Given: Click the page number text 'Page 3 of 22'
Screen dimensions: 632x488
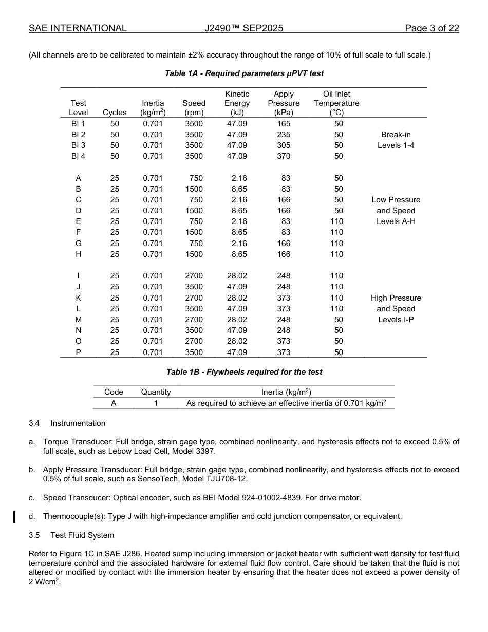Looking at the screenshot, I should point(431,28).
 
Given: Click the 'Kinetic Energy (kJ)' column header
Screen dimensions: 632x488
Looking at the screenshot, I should point(237,103).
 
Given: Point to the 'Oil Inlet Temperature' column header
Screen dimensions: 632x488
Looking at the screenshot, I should point(336,103).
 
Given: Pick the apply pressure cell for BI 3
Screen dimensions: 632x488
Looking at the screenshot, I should point(284,145).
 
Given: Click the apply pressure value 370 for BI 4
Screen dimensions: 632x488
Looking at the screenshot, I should point(284,156).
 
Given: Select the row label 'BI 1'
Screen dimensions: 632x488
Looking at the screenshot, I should point(78,124).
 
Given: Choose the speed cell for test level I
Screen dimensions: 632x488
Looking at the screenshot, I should point(194,276).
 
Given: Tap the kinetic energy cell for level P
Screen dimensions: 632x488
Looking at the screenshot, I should point(237,352).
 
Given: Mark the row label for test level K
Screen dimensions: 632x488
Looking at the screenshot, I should point(78,298).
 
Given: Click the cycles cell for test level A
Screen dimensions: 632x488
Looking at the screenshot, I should point(115,178).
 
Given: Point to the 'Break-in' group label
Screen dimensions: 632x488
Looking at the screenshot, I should point(396,135).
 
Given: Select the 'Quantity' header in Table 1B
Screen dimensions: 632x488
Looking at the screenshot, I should point(156,392).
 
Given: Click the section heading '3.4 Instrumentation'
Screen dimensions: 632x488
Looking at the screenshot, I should point(67,423).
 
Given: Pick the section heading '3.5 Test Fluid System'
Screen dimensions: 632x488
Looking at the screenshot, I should point(71,535).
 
